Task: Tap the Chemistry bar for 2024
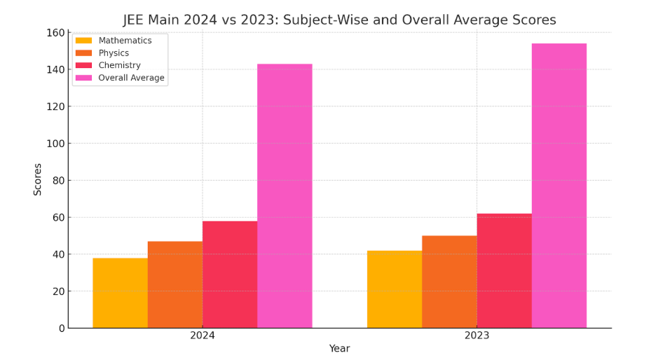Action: (x=230, y=275)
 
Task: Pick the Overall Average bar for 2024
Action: (x=284, y=196)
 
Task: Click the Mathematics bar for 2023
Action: (x=395, y=289)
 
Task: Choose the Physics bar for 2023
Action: (x=449, y=282)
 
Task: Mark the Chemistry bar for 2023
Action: (x=504, y=270)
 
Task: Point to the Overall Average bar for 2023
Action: (x=559, y=186)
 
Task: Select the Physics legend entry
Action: (x=114, y=53)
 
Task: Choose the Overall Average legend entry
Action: (x=131, y=78)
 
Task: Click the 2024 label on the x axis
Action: (x=203, y=336)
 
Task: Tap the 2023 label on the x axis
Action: (x=477, y=336)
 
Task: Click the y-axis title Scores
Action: (x=38, y=179)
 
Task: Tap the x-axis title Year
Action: (x=339, y=349)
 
